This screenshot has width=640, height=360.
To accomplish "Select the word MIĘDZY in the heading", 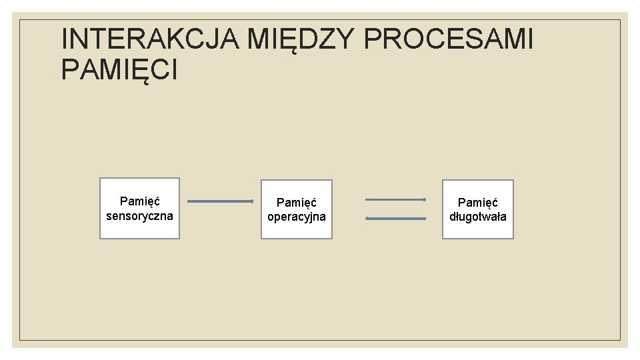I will [301, 40].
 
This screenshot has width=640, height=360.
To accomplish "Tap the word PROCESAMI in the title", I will [449, 40].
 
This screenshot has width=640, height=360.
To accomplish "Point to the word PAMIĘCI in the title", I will [119, 70].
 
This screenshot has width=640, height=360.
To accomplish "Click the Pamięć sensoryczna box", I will [139, 208].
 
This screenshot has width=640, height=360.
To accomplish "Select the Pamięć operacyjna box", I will [296, 209].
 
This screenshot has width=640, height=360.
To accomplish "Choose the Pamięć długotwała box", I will [477, 209].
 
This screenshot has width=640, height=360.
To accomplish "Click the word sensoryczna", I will [139, 216].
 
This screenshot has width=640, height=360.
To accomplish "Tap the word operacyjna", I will [296, 217].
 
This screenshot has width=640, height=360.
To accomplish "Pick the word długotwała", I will [477, 217].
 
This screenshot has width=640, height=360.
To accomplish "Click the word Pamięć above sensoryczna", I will [139, 201].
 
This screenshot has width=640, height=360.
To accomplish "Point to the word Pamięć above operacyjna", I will [296, 202].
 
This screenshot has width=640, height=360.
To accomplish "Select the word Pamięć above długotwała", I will [477, 202].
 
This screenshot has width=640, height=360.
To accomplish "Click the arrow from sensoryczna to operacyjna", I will [220, 201].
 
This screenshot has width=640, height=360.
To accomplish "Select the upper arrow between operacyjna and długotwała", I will [395, 199].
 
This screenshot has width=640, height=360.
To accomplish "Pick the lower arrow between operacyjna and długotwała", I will [395, 218].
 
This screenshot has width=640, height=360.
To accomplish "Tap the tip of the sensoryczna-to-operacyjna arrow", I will [252, 201].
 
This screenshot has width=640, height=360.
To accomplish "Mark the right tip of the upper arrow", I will [425, 199].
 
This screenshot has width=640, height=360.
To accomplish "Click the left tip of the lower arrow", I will [367, 218].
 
